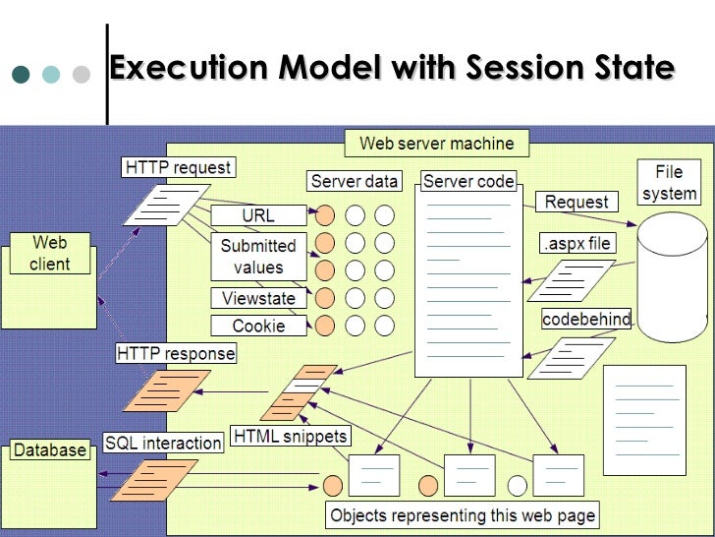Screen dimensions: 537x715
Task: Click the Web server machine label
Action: pyautogui.click(x=436, y=144)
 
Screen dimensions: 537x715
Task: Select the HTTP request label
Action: pyautogui.click(x=177, y=167)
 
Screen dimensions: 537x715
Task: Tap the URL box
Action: pyautogui.click(x=258, y=215)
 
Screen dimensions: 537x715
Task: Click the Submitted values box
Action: pyautogui.click(x=258, y=256)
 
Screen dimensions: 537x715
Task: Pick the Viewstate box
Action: pyautogui.click(x=259, y=298)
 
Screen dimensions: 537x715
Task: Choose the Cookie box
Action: pyautogui.click(x=259, y=326)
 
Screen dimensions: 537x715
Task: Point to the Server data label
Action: pyautogui.click(x=355, y=181)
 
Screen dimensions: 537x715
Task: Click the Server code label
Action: pyautogui.click(x=468, y=181)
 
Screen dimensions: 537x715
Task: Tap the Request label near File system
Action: pyautogui.click(x=577, y=202)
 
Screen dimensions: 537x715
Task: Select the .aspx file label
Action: pyautogui.click(x=577, y=244)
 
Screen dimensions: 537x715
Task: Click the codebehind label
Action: pyautogui.click(x=586, y=320)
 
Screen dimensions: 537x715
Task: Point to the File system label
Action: pyautogui.click(x=670, y=182)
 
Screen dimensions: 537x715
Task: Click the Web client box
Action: pyautogui.click(x=50, y=253)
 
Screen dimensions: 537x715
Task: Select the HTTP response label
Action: pyautogui.click(x=176, y=353)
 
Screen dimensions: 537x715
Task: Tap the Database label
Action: pyautogui.click(x=49, y=450)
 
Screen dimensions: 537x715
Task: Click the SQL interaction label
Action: pyautogui.click(x=163, y=443)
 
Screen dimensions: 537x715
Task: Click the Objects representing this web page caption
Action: pyautogui.click(x=463, y=515)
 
